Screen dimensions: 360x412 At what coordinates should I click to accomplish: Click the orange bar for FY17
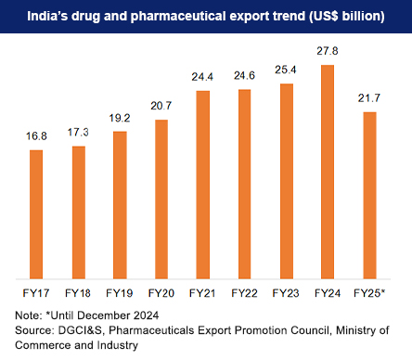point(36,213)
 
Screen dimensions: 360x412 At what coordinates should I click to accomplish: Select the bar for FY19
point(119,204)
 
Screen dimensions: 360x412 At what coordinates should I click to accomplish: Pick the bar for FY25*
point(369,195)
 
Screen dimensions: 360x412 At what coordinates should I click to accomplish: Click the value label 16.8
point(36,136)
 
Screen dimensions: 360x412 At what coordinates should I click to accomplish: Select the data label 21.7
point(369,98)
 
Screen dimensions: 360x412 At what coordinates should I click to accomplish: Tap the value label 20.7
point(161,108)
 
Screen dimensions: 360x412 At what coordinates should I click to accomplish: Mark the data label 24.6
point(244,76)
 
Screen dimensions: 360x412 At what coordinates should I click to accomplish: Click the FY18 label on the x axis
point(78,294)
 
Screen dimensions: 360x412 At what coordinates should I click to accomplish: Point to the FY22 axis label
point(244,294)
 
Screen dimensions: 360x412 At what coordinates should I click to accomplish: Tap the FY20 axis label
point(161,294)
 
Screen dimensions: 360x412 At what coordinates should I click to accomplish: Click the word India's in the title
point(58,16)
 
